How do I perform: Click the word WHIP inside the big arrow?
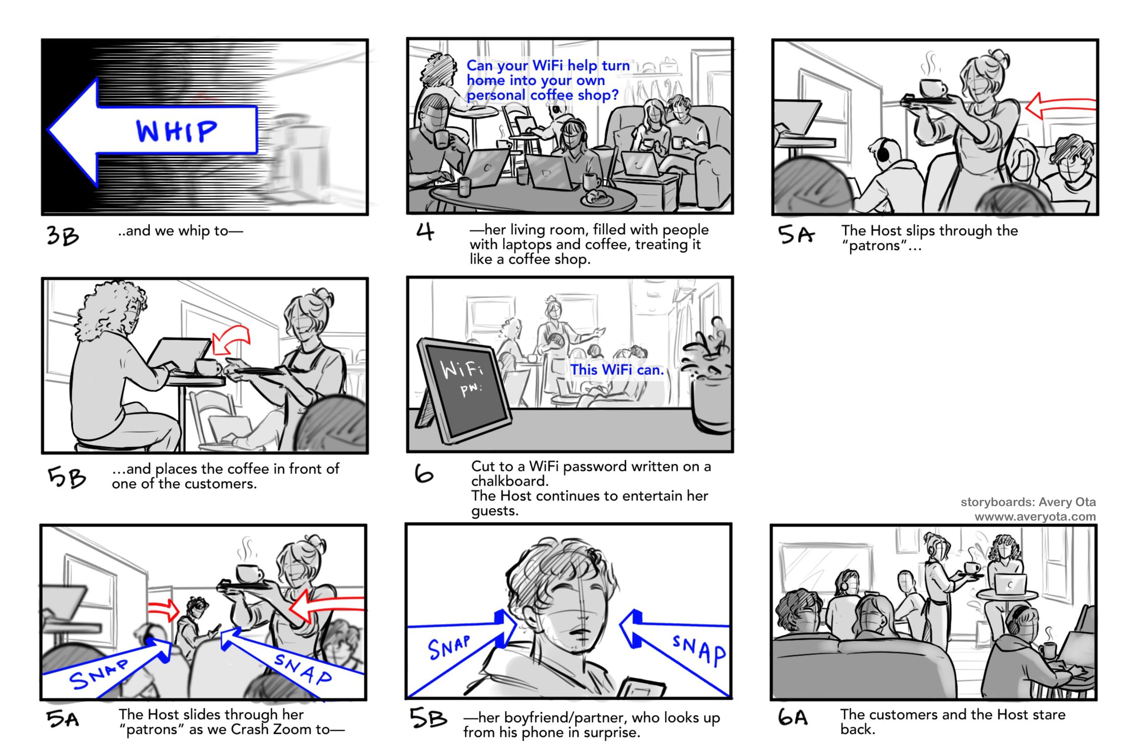(176, 131)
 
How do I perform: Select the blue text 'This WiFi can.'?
(616, 370)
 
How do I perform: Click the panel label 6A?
(792, 717)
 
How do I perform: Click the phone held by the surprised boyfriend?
(641, 688)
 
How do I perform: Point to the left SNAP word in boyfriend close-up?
(449, 648)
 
